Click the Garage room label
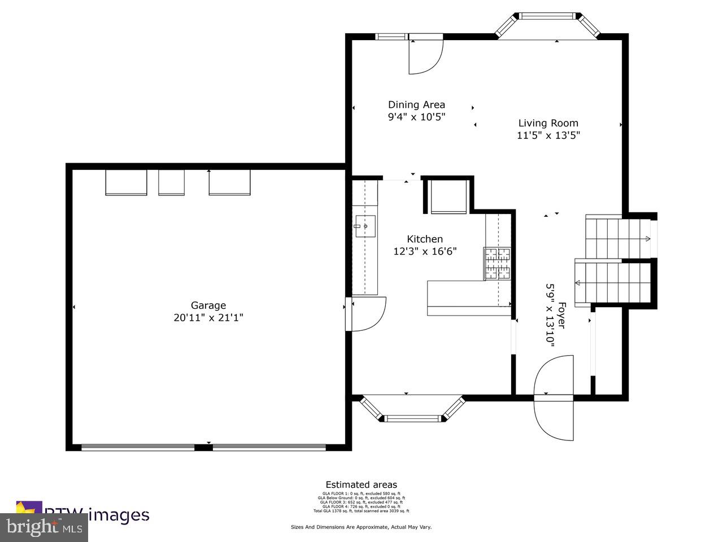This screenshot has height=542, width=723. point(208,305)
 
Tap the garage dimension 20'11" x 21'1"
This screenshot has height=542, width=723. point(208,318)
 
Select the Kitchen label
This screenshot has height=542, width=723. point(425,239)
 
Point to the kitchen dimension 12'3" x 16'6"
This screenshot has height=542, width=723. point(425,251)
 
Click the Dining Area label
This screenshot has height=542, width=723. point(416,104)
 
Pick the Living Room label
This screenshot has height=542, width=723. point(548,123)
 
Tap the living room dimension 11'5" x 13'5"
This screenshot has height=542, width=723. point(548,135)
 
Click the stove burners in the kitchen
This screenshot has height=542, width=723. point(496,263)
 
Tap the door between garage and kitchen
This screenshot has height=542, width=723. point(367,314)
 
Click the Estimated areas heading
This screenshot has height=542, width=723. point(361,484)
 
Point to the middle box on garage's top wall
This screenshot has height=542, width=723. point(171,182)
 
